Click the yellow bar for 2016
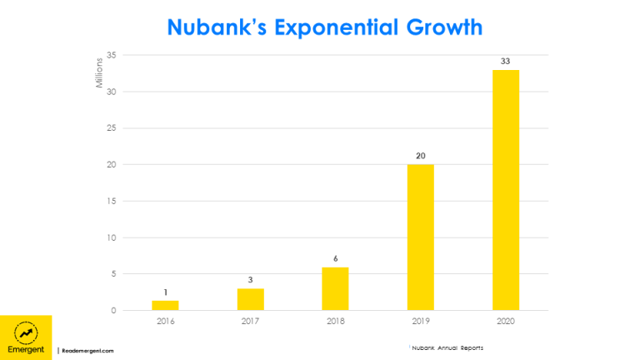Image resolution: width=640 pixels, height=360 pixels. click(165, 306)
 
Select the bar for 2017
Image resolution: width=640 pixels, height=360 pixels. click(250, 300)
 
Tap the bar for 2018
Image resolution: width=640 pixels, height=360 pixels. click(336, 289)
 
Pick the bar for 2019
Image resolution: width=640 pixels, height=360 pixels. click(421, 237)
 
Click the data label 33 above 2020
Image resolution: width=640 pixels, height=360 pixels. click(506, 62)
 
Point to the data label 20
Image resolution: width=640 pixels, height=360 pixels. click(421, 155)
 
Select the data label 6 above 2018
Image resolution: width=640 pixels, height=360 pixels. click(336, 258)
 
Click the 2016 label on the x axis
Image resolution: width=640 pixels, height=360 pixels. click(165, 321)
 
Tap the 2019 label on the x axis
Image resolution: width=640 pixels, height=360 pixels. click(421, 321)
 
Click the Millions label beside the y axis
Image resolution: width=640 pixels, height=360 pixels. click(99, 72)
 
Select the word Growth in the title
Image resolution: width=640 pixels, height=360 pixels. click(441, 27)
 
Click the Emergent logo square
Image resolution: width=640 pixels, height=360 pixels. click(26, 337)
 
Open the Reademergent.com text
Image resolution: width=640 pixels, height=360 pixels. click(87, 351)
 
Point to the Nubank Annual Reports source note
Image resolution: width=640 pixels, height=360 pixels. click(447, 347)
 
